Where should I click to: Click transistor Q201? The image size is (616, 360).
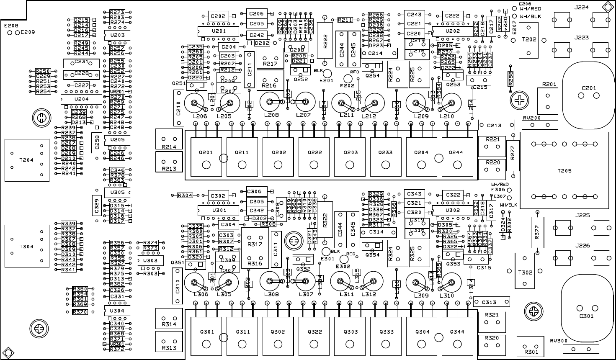(206, 157)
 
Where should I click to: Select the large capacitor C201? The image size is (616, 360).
(586, 90)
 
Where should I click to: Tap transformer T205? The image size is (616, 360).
(564, 170)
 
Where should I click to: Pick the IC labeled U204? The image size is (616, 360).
(81, 99)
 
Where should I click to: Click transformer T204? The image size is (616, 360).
(27, 160)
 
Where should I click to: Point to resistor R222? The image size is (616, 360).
(325, 40)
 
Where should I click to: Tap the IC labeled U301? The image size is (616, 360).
(218, 210)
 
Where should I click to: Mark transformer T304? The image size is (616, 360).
(27, 246)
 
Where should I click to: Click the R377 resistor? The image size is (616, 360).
(537, 234)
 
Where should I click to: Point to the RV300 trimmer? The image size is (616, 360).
(580, 348)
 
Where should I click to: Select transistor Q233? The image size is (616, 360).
(386, 157)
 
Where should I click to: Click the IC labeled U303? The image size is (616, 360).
(150, 260)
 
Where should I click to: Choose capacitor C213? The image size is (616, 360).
(496, 125)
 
